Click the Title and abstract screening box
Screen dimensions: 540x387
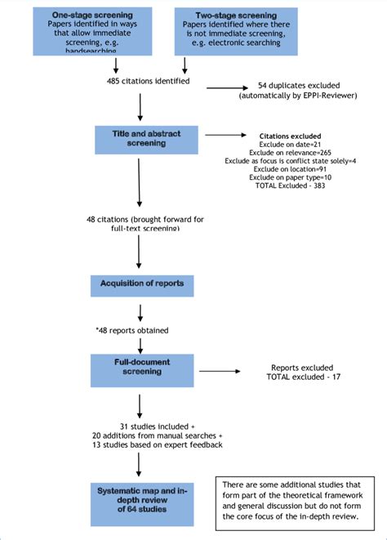[141, 137]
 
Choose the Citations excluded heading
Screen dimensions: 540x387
[290, 135]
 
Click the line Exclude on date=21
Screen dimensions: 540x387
[290, 144]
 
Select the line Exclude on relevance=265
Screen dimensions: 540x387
[290, 153]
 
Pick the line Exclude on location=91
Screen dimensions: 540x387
[290, 171]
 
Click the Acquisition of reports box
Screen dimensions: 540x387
[141, 283]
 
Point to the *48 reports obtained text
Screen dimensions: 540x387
[132, 331]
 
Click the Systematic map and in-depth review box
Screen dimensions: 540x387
[141, 498]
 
